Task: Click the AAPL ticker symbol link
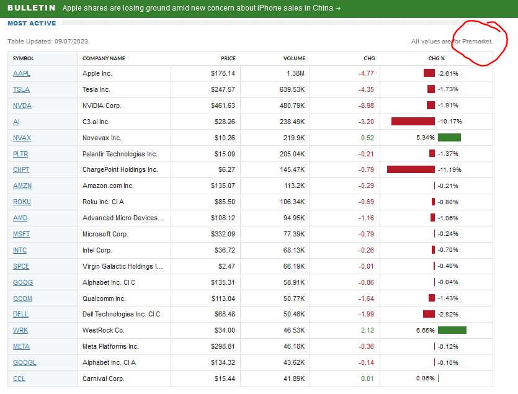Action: click(x=22, y=73)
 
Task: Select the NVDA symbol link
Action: click(x=22, y=105)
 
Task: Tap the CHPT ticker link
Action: click(x=21, y=170)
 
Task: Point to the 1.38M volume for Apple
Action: click(x=295, y=73)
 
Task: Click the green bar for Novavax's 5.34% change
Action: click(x=449, y=138)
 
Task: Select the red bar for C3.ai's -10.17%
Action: click(x=413, y=122)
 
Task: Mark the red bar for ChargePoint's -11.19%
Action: click(x=410, y=170)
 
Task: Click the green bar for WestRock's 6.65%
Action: click(x=452, y=330)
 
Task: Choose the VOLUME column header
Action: click(x=294, y=58)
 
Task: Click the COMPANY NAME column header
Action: click(x=104, y=58)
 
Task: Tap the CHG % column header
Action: click(x=437, y=58)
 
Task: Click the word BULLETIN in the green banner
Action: click(x=31, y=8)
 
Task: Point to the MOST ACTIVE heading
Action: click(x=32, y=24)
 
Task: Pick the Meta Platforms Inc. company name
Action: click(x=110, y=346)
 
